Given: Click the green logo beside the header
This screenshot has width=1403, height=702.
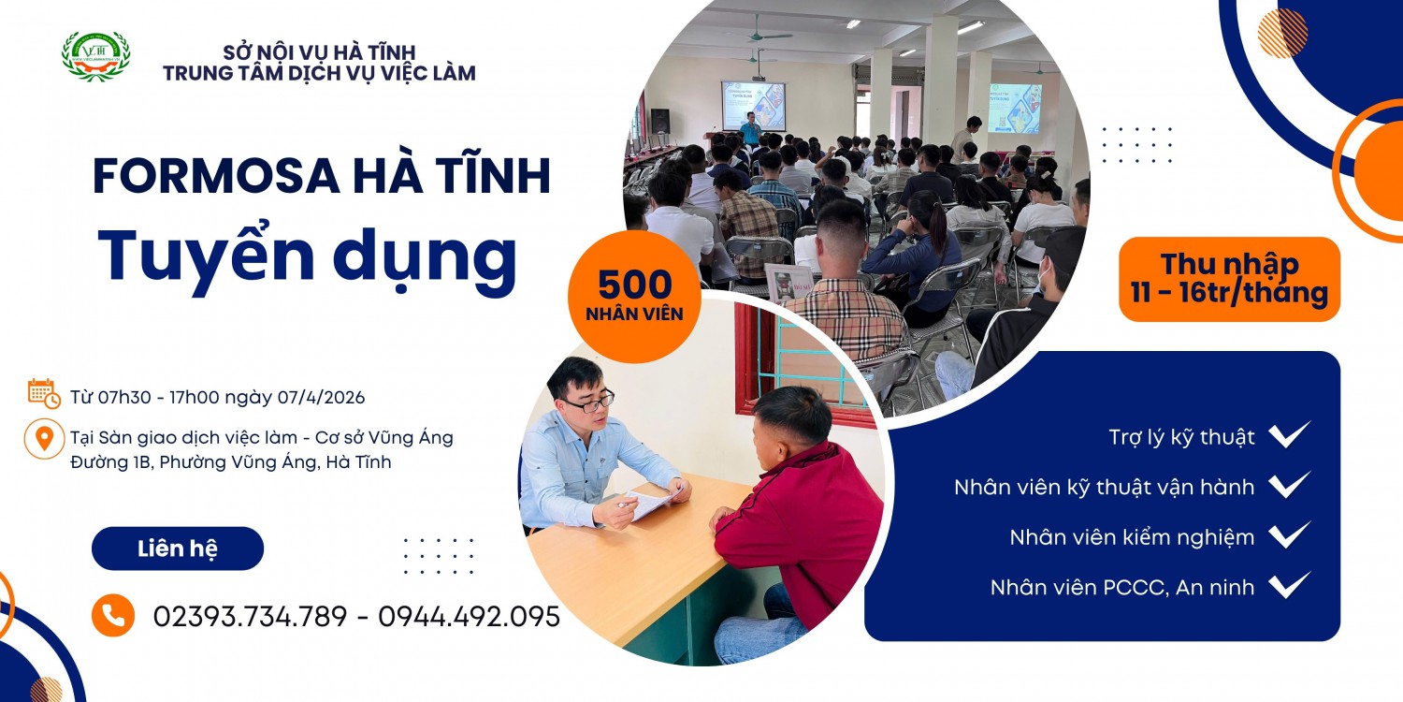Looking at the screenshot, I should (x=95, y=55).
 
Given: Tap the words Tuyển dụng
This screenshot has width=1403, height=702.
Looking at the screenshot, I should (x=308, y=254).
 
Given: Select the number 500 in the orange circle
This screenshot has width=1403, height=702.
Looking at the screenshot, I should (x=635, y=285).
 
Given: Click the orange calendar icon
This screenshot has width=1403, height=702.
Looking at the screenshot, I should (x=44, y=394).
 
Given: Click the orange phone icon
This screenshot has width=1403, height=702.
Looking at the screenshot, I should (x=113, y=616).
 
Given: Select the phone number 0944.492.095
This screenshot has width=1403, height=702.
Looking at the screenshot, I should (x=469, y=616).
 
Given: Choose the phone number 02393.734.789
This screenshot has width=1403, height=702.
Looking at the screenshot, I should (x=250, y=616).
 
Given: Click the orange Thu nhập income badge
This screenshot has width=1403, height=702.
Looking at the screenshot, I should (x=1229, y=279).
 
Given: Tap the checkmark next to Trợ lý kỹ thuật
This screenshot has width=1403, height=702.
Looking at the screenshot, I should (x=1290, y=435).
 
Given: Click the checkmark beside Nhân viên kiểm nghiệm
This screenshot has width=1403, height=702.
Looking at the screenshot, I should (x=1290, y=536).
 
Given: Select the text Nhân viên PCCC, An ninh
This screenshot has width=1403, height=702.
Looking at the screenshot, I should (x=1121, y=587).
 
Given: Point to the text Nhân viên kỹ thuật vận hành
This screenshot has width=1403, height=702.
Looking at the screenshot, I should (x=1104, y=487).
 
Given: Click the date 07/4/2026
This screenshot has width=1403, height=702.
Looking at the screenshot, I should (x=321, y=397).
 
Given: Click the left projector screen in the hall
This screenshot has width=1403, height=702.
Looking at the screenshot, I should (x=753, y=106).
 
